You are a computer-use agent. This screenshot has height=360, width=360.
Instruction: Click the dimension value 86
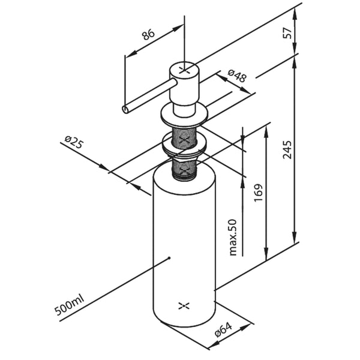[148, 34]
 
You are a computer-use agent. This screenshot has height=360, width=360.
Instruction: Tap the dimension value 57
[288, 34]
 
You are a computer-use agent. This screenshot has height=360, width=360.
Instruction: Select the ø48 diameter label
[238, 76]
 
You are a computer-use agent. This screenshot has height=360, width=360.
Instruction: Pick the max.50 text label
[233, 237]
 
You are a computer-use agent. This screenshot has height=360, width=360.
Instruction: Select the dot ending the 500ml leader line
[170, 259]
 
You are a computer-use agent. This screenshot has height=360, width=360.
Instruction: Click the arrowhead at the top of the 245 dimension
[295, 60]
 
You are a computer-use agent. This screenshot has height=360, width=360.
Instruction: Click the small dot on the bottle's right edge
[214, 292]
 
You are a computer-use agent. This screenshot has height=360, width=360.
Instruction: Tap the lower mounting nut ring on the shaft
[184, 147]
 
